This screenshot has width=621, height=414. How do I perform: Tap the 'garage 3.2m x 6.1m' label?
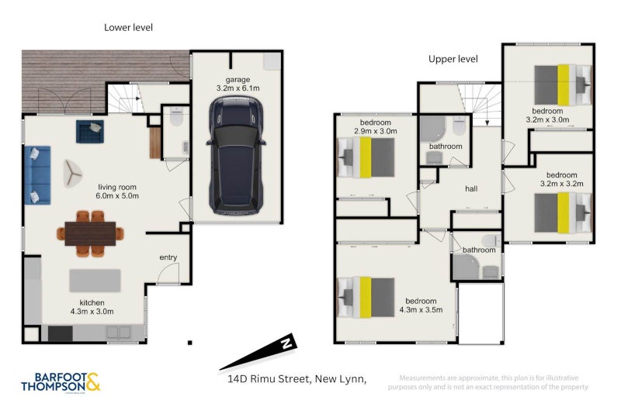point(238,85)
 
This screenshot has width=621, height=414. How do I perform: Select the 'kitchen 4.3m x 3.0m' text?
point(96,307)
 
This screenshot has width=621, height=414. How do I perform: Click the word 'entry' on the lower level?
point(168,257)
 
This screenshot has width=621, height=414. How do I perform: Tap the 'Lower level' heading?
point(129,27)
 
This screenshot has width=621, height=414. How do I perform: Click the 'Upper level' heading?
point(453,59)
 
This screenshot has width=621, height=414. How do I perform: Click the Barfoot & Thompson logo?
point(61,382)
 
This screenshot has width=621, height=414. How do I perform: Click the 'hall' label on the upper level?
point(471,188)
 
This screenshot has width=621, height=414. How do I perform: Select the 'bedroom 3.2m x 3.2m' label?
point(561,179)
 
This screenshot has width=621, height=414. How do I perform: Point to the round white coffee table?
point(75,174)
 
